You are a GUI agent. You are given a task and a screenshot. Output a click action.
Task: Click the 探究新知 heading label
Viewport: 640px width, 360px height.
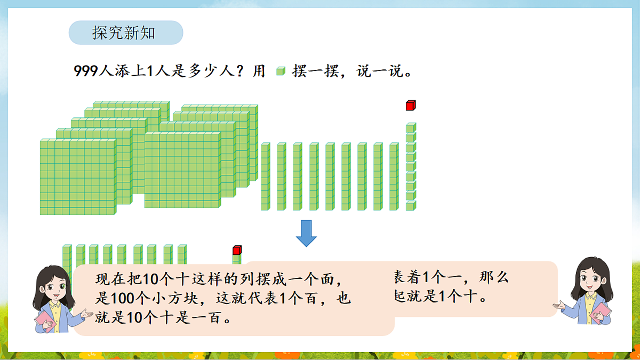(x=124, y=33)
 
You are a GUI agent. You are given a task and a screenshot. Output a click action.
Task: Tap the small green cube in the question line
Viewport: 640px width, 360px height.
(x=281, y=71)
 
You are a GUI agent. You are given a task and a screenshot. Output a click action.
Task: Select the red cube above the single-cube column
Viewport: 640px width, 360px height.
(x=410, y=105)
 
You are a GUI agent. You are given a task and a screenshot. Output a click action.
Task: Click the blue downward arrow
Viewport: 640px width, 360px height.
(x=306, y=233)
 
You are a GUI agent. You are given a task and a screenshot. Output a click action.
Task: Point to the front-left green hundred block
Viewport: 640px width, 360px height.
(x=77, y=177)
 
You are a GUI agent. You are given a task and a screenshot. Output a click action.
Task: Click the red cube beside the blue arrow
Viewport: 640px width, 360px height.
(x=237, y=250)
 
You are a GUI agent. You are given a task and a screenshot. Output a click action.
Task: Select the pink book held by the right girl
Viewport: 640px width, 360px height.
(x=602, y=312)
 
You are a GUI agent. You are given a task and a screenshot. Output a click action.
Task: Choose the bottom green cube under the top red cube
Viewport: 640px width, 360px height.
(x=410, y=206)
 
